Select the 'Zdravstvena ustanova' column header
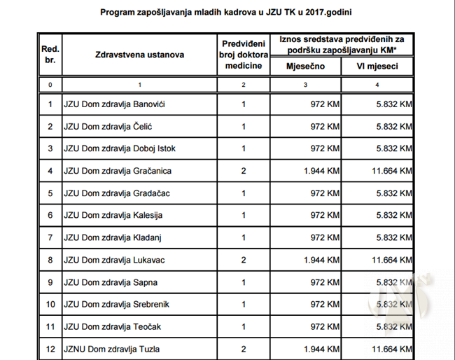point(139,55)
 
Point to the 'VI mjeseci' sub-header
point(377,66)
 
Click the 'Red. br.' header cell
point(50,55)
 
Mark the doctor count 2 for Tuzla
point(243,349)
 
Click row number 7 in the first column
point(50,237)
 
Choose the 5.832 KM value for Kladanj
point(393,237)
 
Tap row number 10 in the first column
point(50,304)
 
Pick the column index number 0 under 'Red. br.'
point(50,85)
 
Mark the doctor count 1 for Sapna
point(243,282)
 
